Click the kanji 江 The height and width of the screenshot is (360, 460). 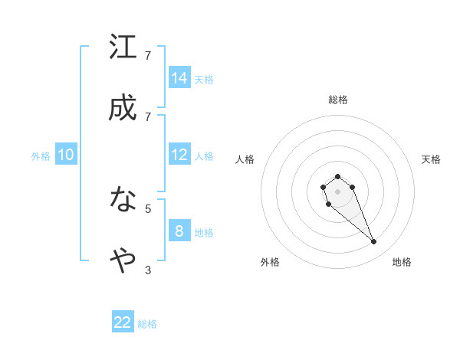pyautogui.click(x=123, y=47)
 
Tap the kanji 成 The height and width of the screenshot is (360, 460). pyautogui.click(x=123, y=108)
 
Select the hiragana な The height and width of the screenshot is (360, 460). pyautogui.click(x=123, y=200)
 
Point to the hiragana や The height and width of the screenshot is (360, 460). pyautogui.click(x=123, y=261)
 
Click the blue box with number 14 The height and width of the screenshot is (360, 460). pyautogui.click(x=179, y=77)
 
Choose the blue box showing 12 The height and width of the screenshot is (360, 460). pyautogui.click(x=179, y=155)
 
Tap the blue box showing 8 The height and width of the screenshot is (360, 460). pyautogui.click(x=179, y=231)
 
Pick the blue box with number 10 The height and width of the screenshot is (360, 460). pyautogui.click(x=66, y=155)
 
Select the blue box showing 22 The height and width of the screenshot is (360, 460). pyautogui.click(x=123, y=322)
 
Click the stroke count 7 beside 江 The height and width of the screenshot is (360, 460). pyautogui.click(x=148, y=56)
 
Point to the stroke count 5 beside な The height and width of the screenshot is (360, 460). pyautogui.click(x=148, y=208)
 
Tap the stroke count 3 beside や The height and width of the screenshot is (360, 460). pyautogui.click(x=148, y=270)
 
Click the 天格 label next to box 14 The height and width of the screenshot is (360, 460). pyautogui.click(x=204, y=79)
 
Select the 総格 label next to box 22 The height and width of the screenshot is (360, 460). pyautogui.click(x=147, y=324)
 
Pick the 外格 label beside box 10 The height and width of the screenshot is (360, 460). pyautogui.click(x=41, y=156)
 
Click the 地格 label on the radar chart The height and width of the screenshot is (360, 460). pyautogui.click(x=402, y=262)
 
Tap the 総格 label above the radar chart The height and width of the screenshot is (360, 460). pyautogui.click(x=338, y=100)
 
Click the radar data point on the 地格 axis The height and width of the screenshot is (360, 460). pyautogui.click(x=373, y=242)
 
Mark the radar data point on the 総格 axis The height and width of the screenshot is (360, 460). pyautogui.click(x=337, y=177)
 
